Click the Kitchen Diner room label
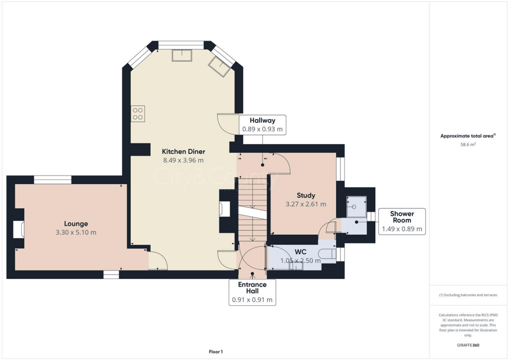pyautogui.click(x=183, y=151)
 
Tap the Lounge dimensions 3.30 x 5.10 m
pyautogui.click(x=76, y=232)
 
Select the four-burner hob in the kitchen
pyautogui.click(x=138, y=113)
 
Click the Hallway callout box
pyautogui.click(x=262, y=125)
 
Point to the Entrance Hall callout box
pyautogui.click(x=253, y=292)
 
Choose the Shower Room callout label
pyautogui.click(x=402, y=221)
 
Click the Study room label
pyautogui.click(x=306, y=195)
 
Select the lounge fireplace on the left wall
pyautogui.click(x=19, y=229)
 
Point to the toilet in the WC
pyautogui.click(x=328, y=254)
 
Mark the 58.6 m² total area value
pyautogui.click(x=468, y=145)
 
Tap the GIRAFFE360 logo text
pyautogui.click(x=468, y=345)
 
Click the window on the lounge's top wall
pyautogui.click(x=53, y=180)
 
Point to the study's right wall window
pyautogui.click(x=340, y=169)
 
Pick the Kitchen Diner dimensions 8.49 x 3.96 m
pyautogui.click(x=183, y=160)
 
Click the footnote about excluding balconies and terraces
pyautogui.click(x=468, y=295)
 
